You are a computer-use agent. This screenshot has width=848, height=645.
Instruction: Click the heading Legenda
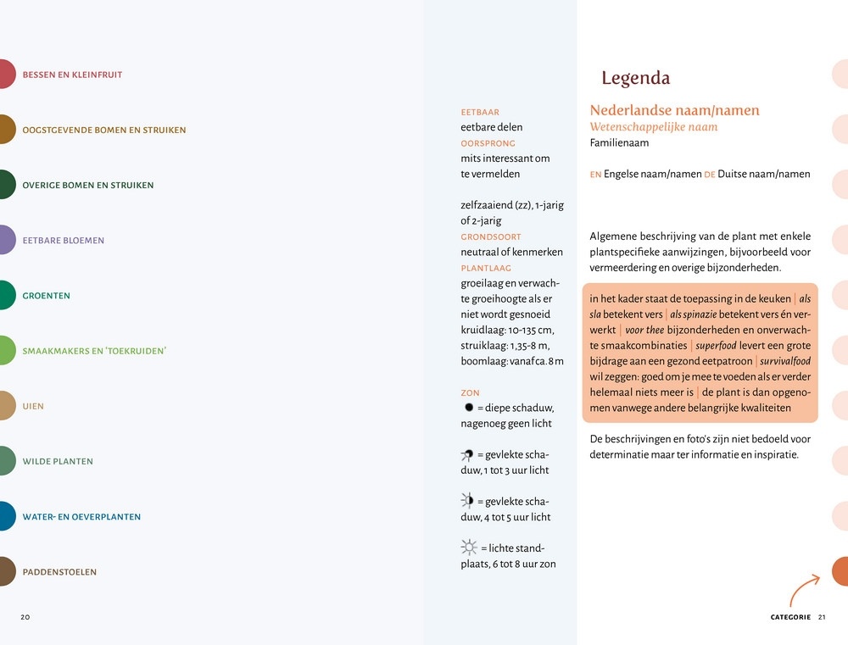point(635,79)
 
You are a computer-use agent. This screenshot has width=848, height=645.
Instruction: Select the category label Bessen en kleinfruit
point(72,75)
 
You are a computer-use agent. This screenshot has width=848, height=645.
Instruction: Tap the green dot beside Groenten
point(5,295)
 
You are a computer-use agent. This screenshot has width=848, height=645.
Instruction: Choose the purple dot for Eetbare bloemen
point(5,240)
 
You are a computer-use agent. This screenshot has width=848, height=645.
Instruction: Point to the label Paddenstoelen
point(59,572)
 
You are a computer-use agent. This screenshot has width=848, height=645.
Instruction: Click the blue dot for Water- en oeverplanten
point(5,516)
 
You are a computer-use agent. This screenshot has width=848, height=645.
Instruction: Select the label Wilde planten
point(58,462)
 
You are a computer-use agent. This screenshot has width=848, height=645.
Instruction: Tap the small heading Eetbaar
point(480,112)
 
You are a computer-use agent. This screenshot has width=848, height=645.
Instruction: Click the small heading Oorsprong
point(488,143)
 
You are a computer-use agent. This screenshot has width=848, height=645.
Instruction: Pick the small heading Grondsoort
point(491,236)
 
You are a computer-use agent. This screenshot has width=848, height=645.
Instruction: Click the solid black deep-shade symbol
point(468,408)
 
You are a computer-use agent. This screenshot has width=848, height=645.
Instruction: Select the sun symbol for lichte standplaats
point(469,547)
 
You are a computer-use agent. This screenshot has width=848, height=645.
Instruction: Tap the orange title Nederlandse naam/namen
point(674,110)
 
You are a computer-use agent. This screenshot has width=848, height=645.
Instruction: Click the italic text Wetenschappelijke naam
point(653,127)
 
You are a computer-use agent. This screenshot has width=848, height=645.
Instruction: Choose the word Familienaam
point(619,143)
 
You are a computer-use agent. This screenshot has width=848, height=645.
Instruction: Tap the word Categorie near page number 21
point(790,617)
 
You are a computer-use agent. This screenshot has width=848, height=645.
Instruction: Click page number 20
point(25,617)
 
